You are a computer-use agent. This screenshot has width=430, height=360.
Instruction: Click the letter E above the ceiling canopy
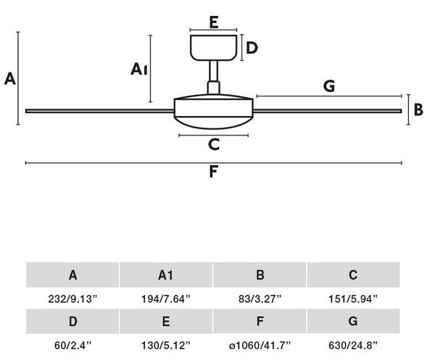point(214,22)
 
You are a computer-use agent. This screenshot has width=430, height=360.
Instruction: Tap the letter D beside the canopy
point(252,48)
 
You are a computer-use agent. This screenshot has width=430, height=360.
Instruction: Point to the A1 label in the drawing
point(139,69)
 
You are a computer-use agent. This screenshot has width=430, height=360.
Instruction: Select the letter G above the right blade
point(329,86)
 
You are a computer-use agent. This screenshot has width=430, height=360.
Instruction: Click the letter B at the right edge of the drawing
point(418,109)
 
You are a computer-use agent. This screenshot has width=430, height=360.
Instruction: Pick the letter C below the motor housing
point(214,144)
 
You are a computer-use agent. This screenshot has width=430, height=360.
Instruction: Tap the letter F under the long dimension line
point(213,172)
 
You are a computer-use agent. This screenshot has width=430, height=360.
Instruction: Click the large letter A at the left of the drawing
point(10,79)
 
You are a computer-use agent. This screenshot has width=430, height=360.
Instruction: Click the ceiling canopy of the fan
point(214,48)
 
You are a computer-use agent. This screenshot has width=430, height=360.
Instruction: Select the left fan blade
point(100,111)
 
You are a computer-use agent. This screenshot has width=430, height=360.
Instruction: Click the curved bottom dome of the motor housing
point(214,123)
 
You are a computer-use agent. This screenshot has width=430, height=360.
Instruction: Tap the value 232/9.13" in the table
point(73,298)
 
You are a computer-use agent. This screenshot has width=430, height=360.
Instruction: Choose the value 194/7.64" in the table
point(165,298)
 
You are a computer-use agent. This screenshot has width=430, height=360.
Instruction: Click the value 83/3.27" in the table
point(260,298)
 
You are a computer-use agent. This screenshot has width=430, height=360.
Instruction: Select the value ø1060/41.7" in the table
point(260,346)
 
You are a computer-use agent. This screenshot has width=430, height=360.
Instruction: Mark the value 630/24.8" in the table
point(353,346)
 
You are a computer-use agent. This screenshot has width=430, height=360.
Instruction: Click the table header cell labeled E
point(166,321)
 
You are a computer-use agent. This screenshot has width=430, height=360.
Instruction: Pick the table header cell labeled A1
point(166,275)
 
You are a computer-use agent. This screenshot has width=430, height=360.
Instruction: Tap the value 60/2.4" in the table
point(73,346)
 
